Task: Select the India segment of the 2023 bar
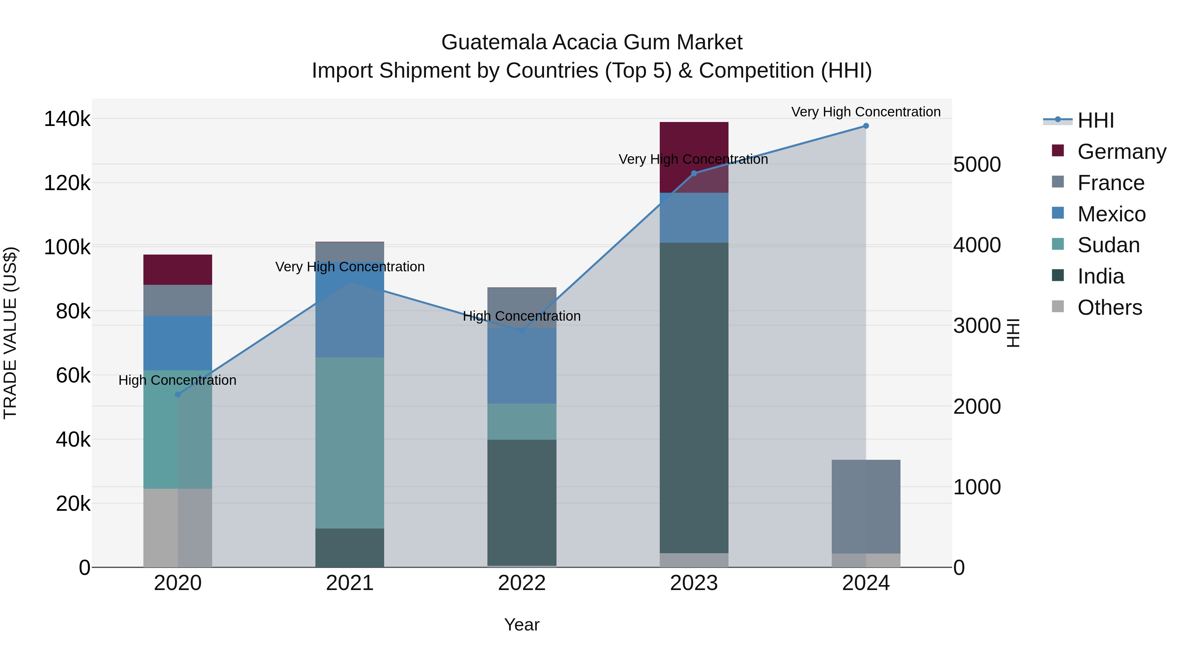coord(694,398)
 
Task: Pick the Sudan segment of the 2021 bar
coord(349,443)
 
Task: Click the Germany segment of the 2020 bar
coord(177,269)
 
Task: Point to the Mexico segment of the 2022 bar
coord(522,365)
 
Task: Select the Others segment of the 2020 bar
coord(177,527)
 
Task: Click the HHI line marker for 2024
coord(866,126)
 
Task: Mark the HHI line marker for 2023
coord(694,173)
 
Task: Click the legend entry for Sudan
coord(1108,245)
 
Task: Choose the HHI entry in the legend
coord(1095,120)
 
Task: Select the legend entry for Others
coord(1109,308)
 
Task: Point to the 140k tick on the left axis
coord(67,119)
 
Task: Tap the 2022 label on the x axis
coord(522,583)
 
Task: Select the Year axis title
coord(522,625)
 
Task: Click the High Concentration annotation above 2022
coord(522,316)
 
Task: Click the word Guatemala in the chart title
coord(494,42)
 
